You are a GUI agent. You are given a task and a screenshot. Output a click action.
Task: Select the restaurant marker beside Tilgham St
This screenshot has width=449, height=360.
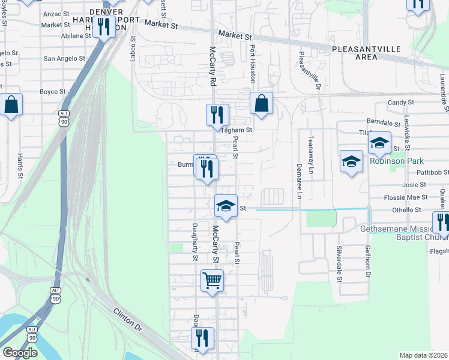pos(217,115)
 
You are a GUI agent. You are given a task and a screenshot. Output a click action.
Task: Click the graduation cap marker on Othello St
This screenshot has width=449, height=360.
pos(226,206)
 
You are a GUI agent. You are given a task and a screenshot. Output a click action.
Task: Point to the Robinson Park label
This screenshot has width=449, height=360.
pos(397,161)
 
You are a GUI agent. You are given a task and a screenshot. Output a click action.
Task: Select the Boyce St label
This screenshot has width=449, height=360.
pos(52,92)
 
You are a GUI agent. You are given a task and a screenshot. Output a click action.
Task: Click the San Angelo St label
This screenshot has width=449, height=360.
pos(66,59)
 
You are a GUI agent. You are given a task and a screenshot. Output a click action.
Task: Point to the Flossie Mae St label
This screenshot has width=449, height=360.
pos(406,197)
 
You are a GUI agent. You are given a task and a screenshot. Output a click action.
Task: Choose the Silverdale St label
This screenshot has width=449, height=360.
pos(339,264)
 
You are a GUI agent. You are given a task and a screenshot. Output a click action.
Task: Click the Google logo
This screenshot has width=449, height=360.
pos(20,353)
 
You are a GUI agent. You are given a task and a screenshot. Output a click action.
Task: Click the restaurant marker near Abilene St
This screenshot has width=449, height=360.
pos(104,27)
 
